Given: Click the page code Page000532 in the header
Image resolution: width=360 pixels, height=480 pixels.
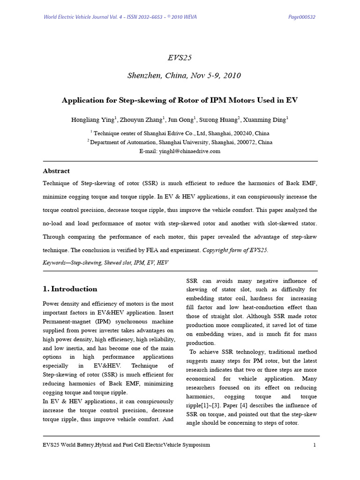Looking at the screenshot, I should [301, 17].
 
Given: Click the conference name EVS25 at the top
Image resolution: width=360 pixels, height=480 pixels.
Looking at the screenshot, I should [180, 58].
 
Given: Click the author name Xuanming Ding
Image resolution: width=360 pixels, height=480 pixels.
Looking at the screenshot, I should [267, 120].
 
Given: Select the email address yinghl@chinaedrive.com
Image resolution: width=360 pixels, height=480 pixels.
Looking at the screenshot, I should [193, 151].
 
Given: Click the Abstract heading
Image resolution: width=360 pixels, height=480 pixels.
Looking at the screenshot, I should [56, 171].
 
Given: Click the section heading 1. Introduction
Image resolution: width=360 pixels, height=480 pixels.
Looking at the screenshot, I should [70, 289].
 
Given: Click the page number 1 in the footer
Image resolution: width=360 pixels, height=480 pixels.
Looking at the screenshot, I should [315, 444].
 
